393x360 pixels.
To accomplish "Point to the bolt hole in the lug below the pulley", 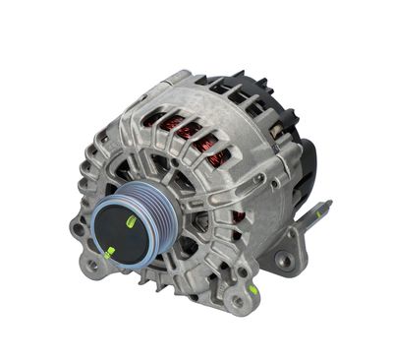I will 92,265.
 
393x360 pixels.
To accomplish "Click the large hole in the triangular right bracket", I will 284,260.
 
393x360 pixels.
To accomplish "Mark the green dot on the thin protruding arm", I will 253,290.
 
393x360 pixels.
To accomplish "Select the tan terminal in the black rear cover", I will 279,129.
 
